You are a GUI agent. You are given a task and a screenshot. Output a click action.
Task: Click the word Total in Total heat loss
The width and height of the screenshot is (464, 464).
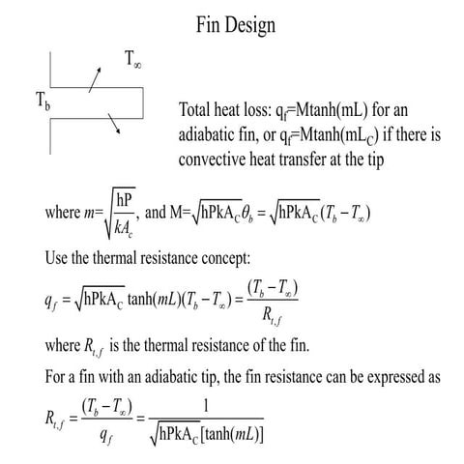(x=198, y=110)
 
